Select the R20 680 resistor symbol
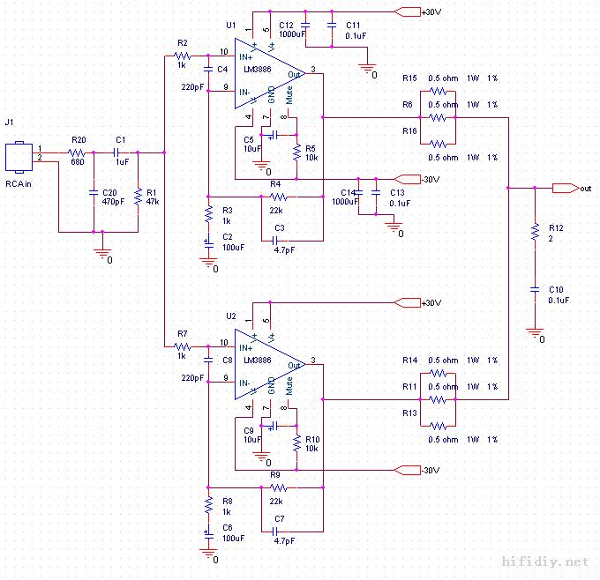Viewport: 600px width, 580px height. (x=78, y=152)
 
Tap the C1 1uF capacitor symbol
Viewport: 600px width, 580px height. (x=121, y=152)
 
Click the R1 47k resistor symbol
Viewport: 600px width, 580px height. (x=138, y=197)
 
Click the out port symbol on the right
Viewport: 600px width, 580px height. (x=561, y=188)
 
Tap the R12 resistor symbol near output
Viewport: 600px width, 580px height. (x=533, y=232)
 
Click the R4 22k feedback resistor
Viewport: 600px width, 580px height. (x=277, y=197)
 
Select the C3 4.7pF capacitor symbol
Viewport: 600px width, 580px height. (x=280, y=240)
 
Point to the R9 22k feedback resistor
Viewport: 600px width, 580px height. (x=277, y=487)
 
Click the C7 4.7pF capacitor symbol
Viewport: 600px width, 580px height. (x=280, y=531)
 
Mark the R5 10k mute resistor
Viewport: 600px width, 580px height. (x=296, y=150)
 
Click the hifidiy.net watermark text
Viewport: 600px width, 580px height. (x=544, y=561)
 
